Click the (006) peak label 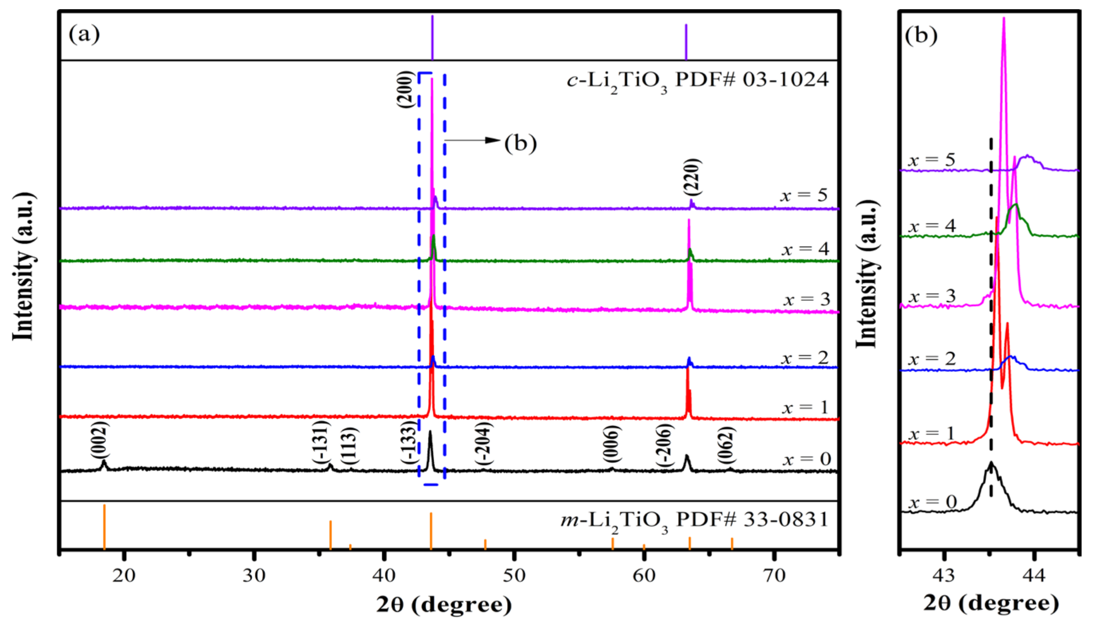click(612, 444)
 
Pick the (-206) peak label click(664, 445)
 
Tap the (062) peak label click(727, 445)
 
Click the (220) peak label click(693, 177)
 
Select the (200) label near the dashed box click(405, 89)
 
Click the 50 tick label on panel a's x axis click(514, 575)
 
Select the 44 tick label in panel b click(1034, 575)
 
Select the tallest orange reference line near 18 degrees click(104, 526)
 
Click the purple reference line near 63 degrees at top click(686, 42)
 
